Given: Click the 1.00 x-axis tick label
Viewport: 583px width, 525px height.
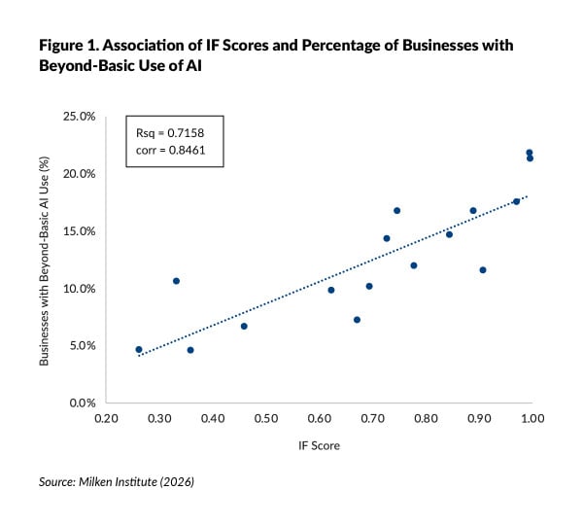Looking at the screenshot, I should (531, 418).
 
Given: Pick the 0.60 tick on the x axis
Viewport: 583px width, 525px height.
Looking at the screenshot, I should (318, 418).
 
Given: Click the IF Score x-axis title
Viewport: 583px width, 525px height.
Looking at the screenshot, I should (318, 445).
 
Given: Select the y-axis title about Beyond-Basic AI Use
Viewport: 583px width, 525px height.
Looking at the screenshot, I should (46, 260).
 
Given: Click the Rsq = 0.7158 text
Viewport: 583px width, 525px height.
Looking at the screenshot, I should (166, 134).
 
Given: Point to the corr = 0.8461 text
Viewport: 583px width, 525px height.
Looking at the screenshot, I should (167, 153).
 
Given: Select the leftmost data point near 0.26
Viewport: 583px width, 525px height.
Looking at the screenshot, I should (139, 349).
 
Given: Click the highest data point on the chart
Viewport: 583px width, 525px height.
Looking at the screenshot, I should (530, 153).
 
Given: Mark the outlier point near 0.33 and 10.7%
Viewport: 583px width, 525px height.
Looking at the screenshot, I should (176, 281).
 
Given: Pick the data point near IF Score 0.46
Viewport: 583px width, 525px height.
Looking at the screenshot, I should (244, 326).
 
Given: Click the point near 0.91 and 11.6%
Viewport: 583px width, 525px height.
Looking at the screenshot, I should (483, 269).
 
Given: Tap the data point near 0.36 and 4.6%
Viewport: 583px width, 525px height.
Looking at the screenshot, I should (190, 350).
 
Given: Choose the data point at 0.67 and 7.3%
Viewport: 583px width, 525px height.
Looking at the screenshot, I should (357, 320).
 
